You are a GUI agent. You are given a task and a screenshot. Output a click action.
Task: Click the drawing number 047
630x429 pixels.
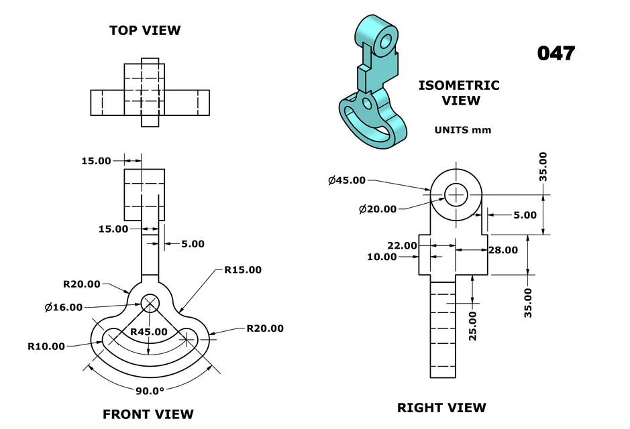point(556,54)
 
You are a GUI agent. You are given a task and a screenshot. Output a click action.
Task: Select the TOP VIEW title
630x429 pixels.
point(145,30)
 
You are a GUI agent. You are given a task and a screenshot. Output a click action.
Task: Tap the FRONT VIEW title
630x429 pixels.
point(148,414)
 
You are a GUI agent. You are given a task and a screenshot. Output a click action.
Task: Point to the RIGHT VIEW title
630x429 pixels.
point(441,408)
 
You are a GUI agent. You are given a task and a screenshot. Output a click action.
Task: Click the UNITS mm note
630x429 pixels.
point(463,130)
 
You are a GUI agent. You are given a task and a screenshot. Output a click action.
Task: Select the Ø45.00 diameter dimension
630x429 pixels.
point(347,180)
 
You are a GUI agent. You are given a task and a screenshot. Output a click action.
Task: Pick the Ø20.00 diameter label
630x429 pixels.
point(378,209)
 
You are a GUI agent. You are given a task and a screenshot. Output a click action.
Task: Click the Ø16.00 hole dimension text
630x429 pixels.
point(64,307)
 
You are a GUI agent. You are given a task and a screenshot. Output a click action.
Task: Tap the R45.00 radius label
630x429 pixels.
point(150,332)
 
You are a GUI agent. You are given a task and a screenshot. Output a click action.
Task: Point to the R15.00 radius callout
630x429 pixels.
point(243,269)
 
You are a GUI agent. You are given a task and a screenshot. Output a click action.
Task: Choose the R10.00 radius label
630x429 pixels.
point(46,347)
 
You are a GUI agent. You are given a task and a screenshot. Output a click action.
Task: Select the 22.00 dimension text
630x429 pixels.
point(402,245)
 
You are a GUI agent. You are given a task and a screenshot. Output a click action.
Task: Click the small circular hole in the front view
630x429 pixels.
point(150,303)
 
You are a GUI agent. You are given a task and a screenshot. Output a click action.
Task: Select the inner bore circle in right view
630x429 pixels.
point(456,194)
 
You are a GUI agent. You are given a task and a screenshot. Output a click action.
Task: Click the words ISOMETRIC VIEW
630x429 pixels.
point(459,93)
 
